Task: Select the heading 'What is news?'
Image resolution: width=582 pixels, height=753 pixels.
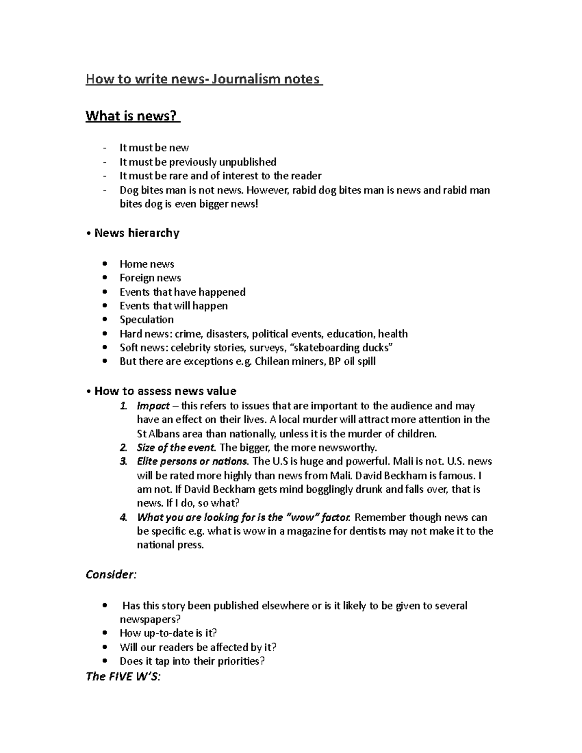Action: pyautogui.click(x=132, y=116)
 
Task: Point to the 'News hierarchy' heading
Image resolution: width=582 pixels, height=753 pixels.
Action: pyautogui.click(x=136, y=233)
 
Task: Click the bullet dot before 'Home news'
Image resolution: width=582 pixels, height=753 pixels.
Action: pyautogui.click(x=105, y=264)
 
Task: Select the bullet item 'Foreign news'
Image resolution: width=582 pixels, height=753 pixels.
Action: pyautogui.click(x=150, y=278)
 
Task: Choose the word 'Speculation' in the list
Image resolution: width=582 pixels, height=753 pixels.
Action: pyautogui.click(x=146, y=320)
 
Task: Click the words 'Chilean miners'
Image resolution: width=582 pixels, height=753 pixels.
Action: pyautogui.click(x=289, y=362)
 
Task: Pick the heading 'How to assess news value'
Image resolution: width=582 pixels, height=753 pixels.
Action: pyautogui.click(x=165, y=391)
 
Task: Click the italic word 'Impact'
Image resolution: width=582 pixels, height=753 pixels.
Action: pyautogui.click(x=153, y=406)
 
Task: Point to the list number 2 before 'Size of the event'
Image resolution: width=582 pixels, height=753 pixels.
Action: pyautogui.click(x=123, y=448)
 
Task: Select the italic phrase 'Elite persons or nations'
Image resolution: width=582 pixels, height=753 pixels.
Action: pyautogui.click(x=193, y=462)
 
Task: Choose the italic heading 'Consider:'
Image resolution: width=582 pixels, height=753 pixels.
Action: pyautogui.click(x=111, y=575)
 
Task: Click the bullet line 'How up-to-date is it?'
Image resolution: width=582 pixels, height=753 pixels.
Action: pyautogui.click(x=168, y=633)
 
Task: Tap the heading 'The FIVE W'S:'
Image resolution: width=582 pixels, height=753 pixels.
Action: pyautogui.click(x=123, y=676)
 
